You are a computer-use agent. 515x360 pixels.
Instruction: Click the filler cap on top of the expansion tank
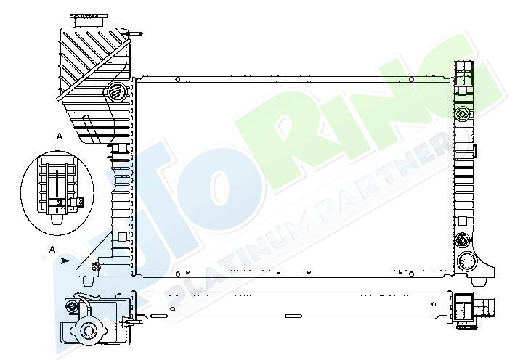(x=89, y=20)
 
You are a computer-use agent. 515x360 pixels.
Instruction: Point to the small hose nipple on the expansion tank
(x=134, y=33)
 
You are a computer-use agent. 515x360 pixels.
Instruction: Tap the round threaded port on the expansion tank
(x=116, y=91)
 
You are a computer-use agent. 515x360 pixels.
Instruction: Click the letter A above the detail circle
(x=60, y=136)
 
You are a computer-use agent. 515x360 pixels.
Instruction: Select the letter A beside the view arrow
(x=52, y=250)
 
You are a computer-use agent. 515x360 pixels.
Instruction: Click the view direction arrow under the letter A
(x=58, y=261)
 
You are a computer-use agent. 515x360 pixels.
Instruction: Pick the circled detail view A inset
(x=57, y=192)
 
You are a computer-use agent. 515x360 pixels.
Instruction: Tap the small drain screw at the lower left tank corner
(x=96, y=267)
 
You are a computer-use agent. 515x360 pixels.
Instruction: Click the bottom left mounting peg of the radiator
(x=87, y=282)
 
